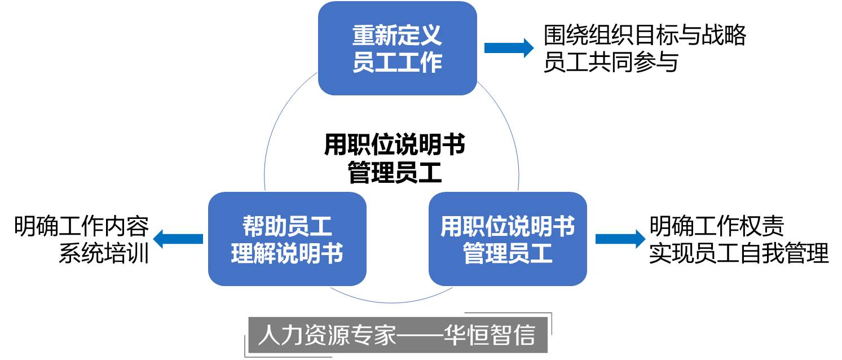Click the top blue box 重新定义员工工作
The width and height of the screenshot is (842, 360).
pyautogui.click(x=397, y=48)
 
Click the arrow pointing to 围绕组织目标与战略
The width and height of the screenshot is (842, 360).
pyautogui.click(x=508, y=48)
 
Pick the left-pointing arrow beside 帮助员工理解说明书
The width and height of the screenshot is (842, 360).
pyautogui.click(x=178, y=239)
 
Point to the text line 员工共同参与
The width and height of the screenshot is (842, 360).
pyautogui.click(x=611, y=62)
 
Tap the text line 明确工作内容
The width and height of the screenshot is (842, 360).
pyautogui.click(x=82, y=227)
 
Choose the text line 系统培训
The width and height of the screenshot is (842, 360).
pyautogui.click(x=104, y=253)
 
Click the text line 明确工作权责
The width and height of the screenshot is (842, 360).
pyautogui.click(x=717, y=227)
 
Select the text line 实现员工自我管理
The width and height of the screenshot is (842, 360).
pyautogui.click(x=739, y=253)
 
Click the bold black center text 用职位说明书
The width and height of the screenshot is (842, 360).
pyautogui.click(x=394, y=146)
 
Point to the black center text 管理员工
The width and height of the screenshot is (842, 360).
pyautogui.click(x=394, y=173)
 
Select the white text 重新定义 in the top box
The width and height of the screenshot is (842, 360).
pyautogui.click(x=397, y=36)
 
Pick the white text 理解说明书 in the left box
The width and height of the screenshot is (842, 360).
pyautogui.click(x=287, y=253)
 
